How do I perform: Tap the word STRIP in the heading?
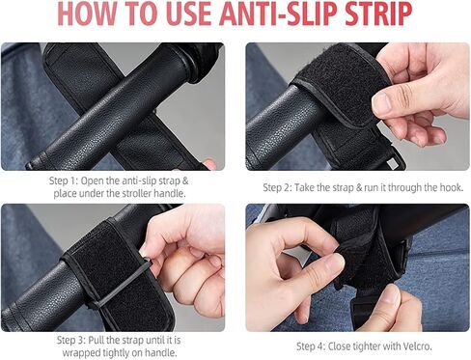pos(378,14)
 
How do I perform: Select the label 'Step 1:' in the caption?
pos(64,180)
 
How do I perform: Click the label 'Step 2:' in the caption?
pos(277,187)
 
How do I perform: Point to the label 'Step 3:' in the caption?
pos(71,340)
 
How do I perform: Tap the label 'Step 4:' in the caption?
pos(311,346)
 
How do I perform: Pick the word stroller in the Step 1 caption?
pos(136,194)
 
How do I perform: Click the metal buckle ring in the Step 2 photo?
pos(394,162)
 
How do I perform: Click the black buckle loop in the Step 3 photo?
pos(122,283)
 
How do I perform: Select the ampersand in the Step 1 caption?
pos(185,180)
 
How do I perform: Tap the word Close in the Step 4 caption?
pos(339,346)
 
